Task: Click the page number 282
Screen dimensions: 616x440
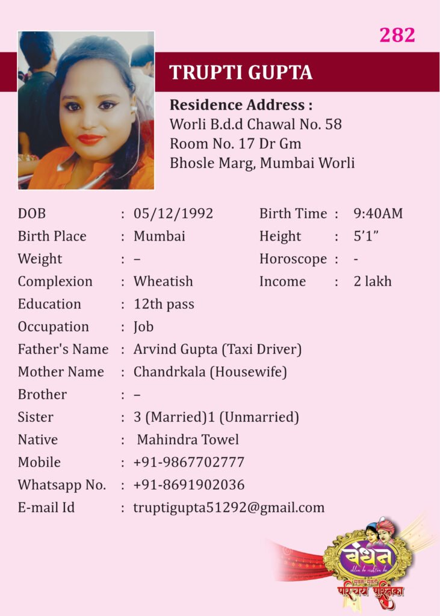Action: pyautogui.click(x=397, y=35)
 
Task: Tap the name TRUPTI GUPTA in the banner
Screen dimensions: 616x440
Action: pyautogui.click(x=241, y=73)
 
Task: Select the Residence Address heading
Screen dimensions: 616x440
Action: pyautogui.click(x=241, y=105)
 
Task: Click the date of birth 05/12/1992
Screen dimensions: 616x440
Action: pyautogui.click(x=173, y=214)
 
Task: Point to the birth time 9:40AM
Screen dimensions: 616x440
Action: pyautogui.click(x=378, y=214)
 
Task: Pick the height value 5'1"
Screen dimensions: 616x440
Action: pyautogui.click(x=365, y=236)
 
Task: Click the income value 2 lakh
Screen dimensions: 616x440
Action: pyautogui.click(x=373, y=282)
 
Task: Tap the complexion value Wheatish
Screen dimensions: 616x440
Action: pyautogui.click(x=163, y=282)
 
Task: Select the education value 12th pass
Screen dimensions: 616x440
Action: pyautogui.click(x=164, y=304)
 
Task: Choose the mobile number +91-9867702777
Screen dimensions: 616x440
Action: pyautogui.click(x=189, y=463)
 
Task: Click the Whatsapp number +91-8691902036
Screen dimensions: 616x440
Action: pyautogui.click(x=189, y=485)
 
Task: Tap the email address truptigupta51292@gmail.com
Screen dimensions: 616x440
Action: pyautogui.click(x=229, y=508)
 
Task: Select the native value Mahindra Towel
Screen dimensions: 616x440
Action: pyautogui.click(x=188, y=440)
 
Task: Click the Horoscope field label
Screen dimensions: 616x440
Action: pyautogui.click(x=293, y=259)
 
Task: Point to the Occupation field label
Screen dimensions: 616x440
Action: pyautogui.click(x=53, y=327)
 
